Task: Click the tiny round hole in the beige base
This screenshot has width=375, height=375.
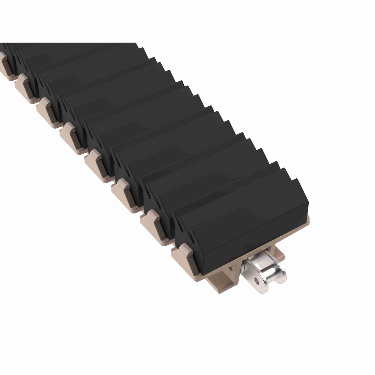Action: (x=231, y=268)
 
